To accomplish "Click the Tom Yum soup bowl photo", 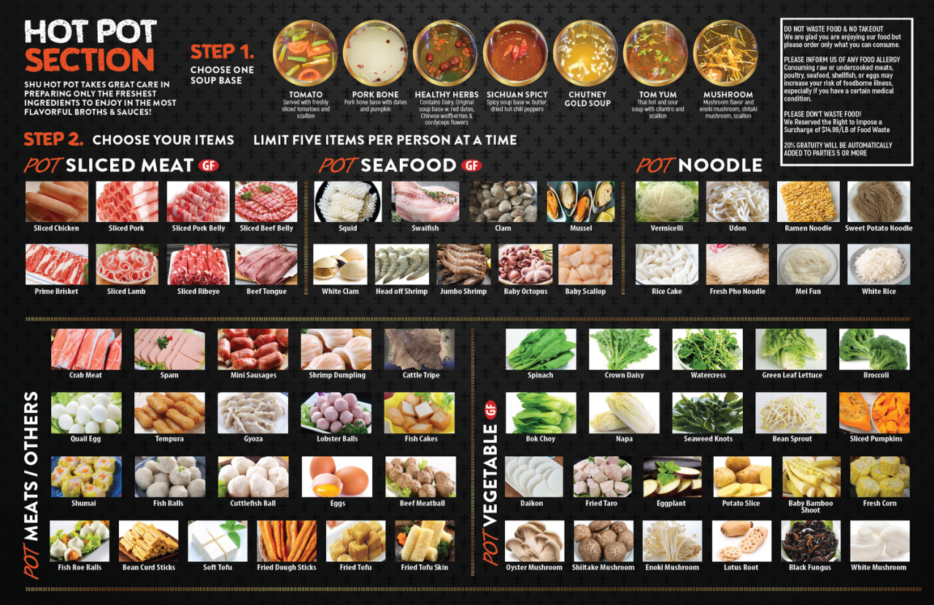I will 655,53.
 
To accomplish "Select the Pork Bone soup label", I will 376,95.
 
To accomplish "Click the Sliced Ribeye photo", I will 198,264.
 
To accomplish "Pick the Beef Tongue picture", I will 266,264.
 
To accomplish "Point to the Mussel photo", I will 581,201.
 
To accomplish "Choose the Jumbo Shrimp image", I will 464,264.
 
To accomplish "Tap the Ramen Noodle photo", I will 808,201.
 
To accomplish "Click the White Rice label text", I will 879,291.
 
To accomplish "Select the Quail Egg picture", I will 86,413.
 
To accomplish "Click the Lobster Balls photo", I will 336,413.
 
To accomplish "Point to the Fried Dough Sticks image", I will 287,541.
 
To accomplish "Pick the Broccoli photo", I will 874,350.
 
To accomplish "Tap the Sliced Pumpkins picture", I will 874,413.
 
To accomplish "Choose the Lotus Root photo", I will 741,541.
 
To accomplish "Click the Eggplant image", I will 672,477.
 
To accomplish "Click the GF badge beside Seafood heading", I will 471,166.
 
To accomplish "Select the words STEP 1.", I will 223,53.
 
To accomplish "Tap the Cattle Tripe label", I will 421,375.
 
